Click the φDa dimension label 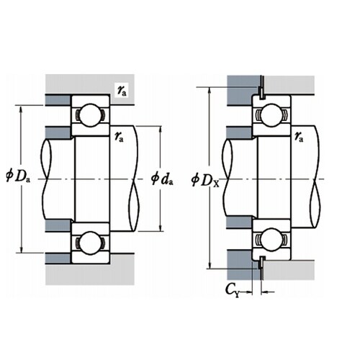[18, 176]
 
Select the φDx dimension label [205, 180]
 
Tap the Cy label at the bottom [233, 290]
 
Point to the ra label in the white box [122, 91]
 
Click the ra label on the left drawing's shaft [119, 137]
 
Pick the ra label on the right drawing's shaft [299, 137]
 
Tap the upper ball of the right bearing [271, 115]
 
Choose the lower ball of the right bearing [271, 240]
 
